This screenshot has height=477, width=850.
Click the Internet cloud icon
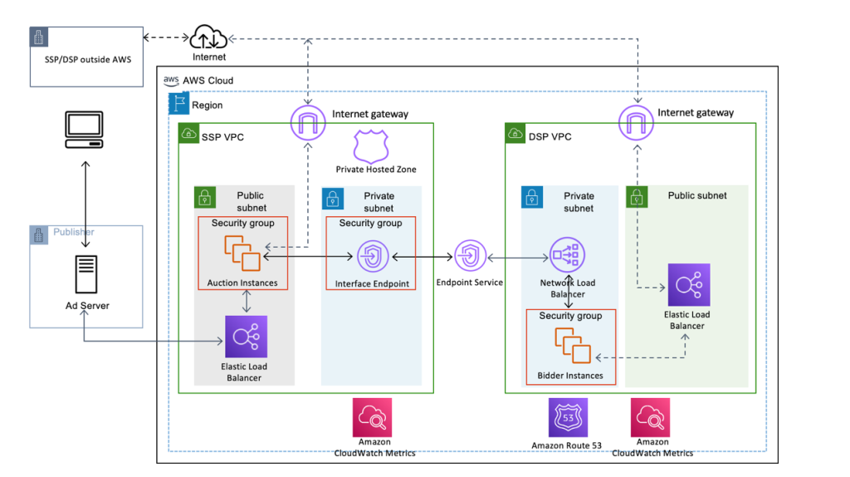208,37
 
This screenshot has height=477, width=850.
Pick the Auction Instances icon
242,253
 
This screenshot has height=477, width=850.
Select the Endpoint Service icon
470,256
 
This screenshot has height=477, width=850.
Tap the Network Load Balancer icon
567,256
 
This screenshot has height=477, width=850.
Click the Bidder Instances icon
574,347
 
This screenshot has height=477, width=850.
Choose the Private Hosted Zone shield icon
370,145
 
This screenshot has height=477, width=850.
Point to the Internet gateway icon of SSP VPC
308,124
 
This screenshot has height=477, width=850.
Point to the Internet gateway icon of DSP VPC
636,124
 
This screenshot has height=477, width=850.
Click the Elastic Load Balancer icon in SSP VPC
245,337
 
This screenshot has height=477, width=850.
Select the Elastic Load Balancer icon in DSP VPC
688,285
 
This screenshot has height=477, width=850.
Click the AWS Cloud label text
208,81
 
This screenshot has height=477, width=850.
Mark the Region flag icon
178,103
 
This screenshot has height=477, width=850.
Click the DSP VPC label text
550,136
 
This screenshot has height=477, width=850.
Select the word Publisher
74,233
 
